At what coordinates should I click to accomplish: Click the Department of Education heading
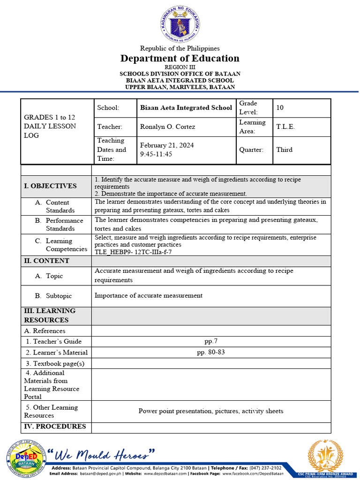pos(180,59)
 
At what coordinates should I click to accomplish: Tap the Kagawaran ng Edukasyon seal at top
pos(180,24)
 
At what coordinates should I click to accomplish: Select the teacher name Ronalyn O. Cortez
pos(166,127)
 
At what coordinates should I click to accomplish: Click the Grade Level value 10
pos(280,108)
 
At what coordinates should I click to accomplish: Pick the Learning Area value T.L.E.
pos(285,127)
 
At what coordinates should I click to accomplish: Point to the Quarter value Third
pos(284,150)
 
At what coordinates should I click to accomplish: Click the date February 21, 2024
pos(166,145)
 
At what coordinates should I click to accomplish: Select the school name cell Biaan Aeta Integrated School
pos(186,108)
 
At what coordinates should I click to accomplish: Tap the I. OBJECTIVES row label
pos(50,186)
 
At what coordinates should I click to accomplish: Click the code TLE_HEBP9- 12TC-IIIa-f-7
pos(133,252)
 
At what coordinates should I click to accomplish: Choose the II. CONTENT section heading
pos(46,261)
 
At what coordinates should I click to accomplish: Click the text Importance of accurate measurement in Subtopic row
pos(149,296)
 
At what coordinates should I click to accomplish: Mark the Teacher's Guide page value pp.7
pos(211,341)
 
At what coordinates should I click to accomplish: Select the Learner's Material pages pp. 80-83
pos(211,352)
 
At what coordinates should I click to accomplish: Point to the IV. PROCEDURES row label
pos(55,427)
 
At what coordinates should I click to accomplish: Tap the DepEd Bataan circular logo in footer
pos(26,458)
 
